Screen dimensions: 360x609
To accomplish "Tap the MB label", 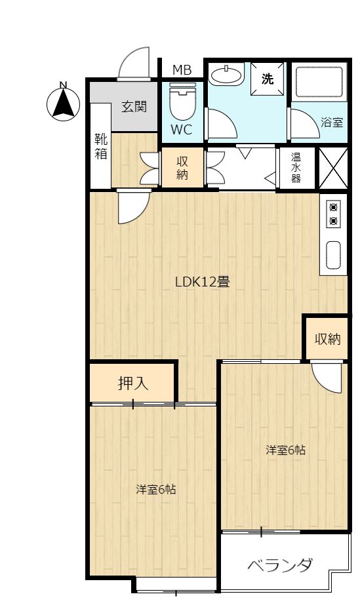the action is click(x=182, y=70).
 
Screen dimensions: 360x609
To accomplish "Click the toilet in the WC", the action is click(x=182, y=102).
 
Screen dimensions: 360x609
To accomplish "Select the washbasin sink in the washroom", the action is click(x=226, y=74).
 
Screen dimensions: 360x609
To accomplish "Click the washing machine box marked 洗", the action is click(x=267, y=79).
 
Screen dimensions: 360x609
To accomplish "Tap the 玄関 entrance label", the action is click(x=134, y=106).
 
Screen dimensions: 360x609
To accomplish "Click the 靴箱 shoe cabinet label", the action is click(x=101, y=146).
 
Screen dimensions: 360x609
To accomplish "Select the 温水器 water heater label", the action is click(x=296, y=168).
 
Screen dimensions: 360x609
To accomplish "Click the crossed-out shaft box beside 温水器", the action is click(x=333, y=168).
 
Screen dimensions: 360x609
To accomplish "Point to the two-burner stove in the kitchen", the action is click(x=333, y=214).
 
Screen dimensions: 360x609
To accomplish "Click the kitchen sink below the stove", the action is click(x=333, y=255).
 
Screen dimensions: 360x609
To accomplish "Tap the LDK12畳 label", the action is click(x=203, y=281).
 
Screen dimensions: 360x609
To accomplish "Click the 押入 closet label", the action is click(x=133, y=383).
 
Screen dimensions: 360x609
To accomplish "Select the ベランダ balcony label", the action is click(x=280, y=564).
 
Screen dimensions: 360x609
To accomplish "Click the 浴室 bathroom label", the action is click(x=332, y=123).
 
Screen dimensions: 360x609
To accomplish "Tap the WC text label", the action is click(x=182, y=129).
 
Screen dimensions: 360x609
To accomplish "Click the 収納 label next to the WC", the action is click(x=182, y=168).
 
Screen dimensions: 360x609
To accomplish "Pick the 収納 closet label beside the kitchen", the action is click(x=327, y=339).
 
